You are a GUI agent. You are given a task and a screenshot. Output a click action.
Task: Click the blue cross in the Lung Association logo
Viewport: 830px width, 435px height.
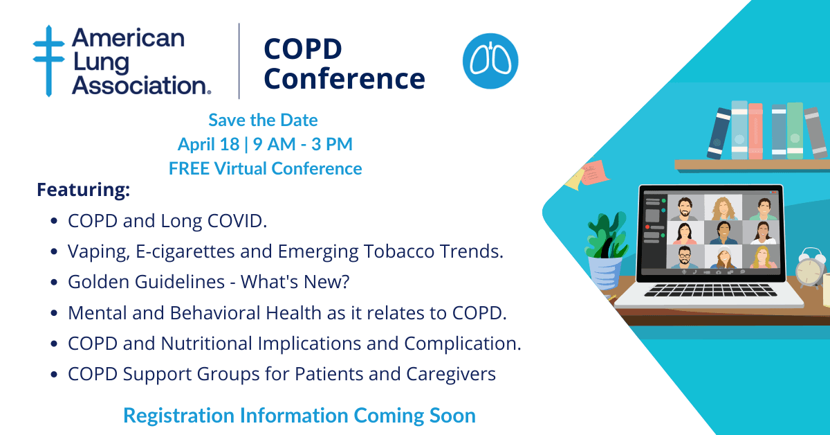click(48, 60)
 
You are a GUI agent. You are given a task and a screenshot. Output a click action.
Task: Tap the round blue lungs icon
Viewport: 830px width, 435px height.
click(490, 61)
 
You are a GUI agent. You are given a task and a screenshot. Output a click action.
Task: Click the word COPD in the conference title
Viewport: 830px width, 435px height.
click(303, 49)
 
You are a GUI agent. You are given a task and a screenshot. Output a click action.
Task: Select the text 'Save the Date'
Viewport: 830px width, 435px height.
click(263, 120)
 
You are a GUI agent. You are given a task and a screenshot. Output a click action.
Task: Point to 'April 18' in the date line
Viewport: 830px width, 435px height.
click(209, 144)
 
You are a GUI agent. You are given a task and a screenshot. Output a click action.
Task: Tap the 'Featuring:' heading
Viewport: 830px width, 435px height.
click(84, 190)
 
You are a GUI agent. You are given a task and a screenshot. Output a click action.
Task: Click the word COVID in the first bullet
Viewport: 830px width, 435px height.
click(237, 221)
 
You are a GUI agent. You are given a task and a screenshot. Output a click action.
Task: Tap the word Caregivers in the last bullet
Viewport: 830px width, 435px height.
click(451, 374)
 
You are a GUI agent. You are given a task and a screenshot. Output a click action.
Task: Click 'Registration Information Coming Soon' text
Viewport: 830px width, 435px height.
click(299, 416)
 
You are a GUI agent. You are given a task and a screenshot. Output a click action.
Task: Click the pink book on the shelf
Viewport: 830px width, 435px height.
click(755, 131)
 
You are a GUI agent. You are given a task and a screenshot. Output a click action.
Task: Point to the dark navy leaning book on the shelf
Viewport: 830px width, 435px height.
click(719, 134)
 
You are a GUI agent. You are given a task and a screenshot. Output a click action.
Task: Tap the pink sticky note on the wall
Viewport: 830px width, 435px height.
click(593, 172)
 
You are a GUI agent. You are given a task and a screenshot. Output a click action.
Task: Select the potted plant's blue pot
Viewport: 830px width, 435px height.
click(605, 274)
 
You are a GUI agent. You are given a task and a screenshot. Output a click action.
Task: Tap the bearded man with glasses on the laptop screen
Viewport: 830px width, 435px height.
click(685, 257)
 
